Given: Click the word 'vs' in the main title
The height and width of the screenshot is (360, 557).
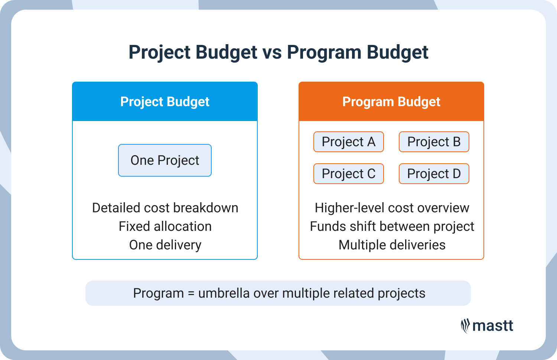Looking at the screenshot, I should pyautogui.click(x=272, y=52).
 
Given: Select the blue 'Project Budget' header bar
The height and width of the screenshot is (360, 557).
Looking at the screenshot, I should pyautogui.click(x=165, y=101).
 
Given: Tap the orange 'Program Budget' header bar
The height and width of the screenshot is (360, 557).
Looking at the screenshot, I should pyautogui.click(x=391, y=101).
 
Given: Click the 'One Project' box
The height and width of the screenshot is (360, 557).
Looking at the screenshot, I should pyautogui.click(x=165, y=160).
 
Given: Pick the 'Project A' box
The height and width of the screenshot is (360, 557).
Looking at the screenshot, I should pyautogui.click(x=348, y=142).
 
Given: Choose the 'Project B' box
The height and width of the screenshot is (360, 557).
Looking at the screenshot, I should pyautogui.click(x=434, y=142).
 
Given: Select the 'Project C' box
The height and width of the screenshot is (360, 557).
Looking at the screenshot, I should pyautogui.click(x=348, y=174).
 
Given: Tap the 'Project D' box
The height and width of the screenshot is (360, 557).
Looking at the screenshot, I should pyautogui.click(x=434, y=174).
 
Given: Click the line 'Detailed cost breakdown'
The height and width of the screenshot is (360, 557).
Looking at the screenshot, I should pyautogui.click(x=165, y=208).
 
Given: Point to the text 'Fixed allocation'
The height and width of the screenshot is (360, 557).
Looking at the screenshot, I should pyautogui.click(x=165, y=226).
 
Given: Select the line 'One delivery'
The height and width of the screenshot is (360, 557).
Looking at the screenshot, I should pyautogui.click(x=165, y=245).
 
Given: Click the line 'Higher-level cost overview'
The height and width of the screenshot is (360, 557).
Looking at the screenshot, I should pyautogui.click(x=392, y=208).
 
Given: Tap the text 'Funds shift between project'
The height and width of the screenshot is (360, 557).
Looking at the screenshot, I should pyautogui.click(x=392, y=226).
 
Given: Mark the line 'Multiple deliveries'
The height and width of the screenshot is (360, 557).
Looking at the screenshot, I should pyautogui.click(x=392, y=245).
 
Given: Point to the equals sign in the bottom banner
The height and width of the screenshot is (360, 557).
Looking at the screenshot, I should pyautogui.click(x=191, y=294).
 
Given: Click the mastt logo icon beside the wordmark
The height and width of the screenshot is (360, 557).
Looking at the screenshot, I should pyautogui.click(x=465, y=326).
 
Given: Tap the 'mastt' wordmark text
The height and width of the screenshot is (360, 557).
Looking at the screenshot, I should pyautogui.click(x=493, y=326).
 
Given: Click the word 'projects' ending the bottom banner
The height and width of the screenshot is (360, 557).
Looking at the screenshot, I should pyautogui.click(x=401, y=294).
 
